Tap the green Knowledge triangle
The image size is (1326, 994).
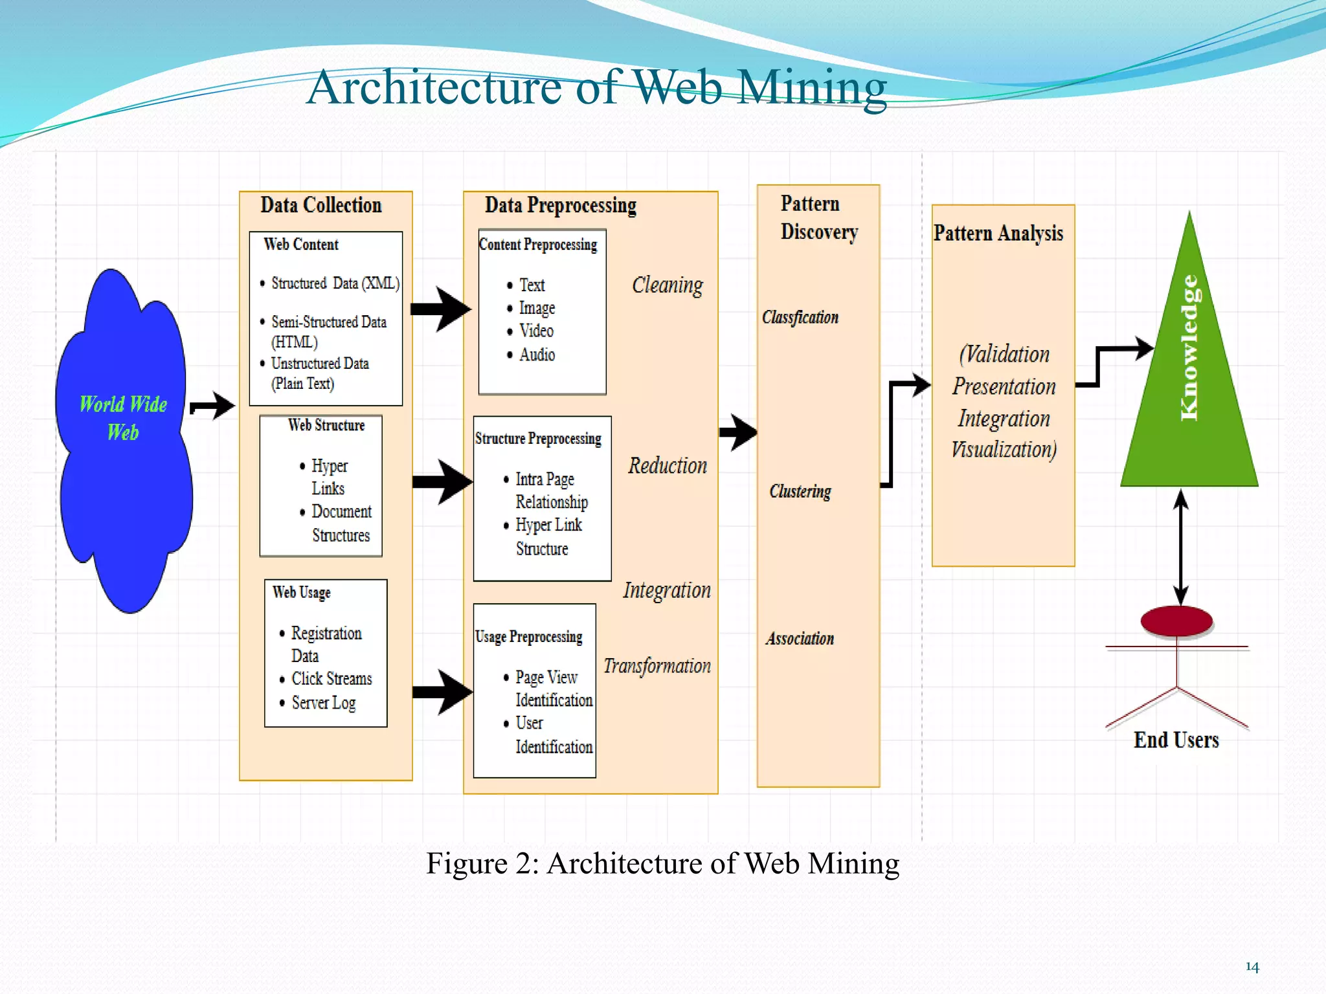pos(1189,388)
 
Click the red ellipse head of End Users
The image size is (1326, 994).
pos(1176,621)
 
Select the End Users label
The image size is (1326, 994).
pos(1176,740)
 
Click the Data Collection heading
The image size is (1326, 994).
pos(321,205)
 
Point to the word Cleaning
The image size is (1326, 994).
pos(667,285)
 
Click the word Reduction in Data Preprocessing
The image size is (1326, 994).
pos(668,465)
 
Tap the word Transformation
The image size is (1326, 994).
pos(657,666)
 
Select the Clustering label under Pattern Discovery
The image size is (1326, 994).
pos(800,491)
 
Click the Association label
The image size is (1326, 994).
pos(800,639)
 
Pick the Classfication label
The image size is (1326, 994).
pos(800,317)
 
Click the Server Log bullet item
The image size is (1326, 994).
pos(323,703)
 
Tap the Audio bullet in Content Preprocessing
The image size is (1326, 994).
pos(537,355)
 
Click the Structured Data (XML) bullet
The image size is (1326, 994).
pos(335,283)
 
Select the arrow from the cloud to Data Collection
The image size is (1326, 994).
pos(213,406)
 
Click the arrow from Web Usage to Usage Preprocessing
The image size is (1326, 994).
pos(442,692)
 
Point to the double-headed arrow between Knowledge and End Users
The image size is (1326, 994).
pos(1181,547)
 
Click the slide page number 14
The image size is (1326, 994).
pos(1252,967)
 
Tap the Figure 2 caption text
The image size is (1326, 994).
pos(662,863)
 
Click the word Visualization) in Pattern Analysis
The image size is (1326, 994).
pos(1004,449)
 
